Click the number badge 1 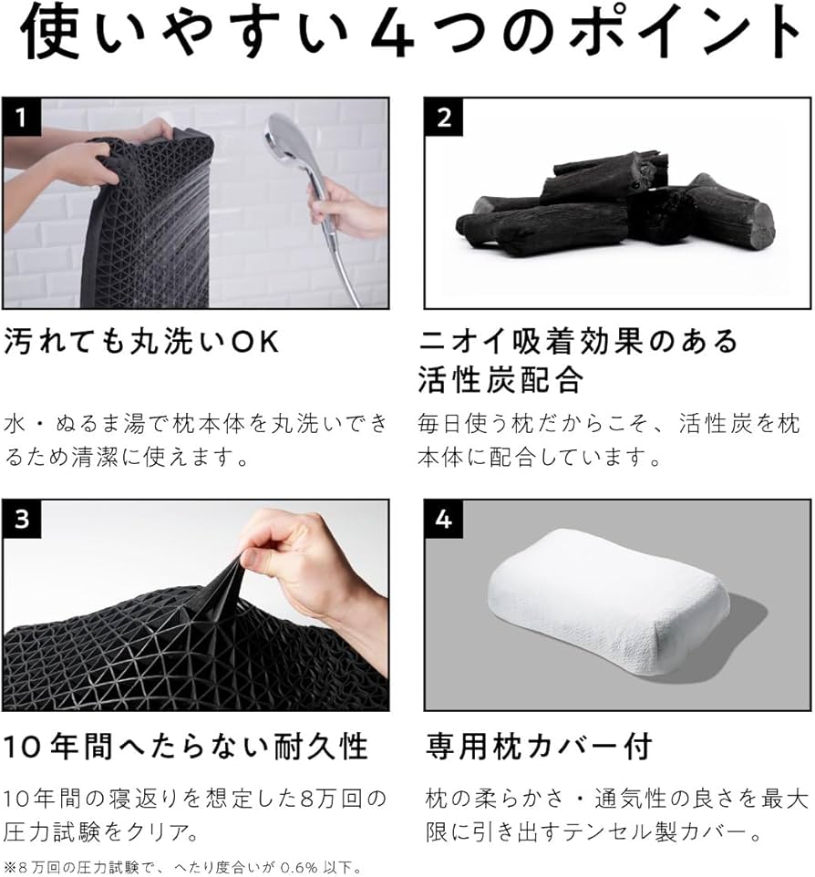[x=21, y=116]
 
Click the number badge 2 [x=444, y=116]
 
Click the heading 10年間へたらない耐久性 [x=186, y=747]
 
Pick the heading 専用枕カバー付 [x=539, y=747]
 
